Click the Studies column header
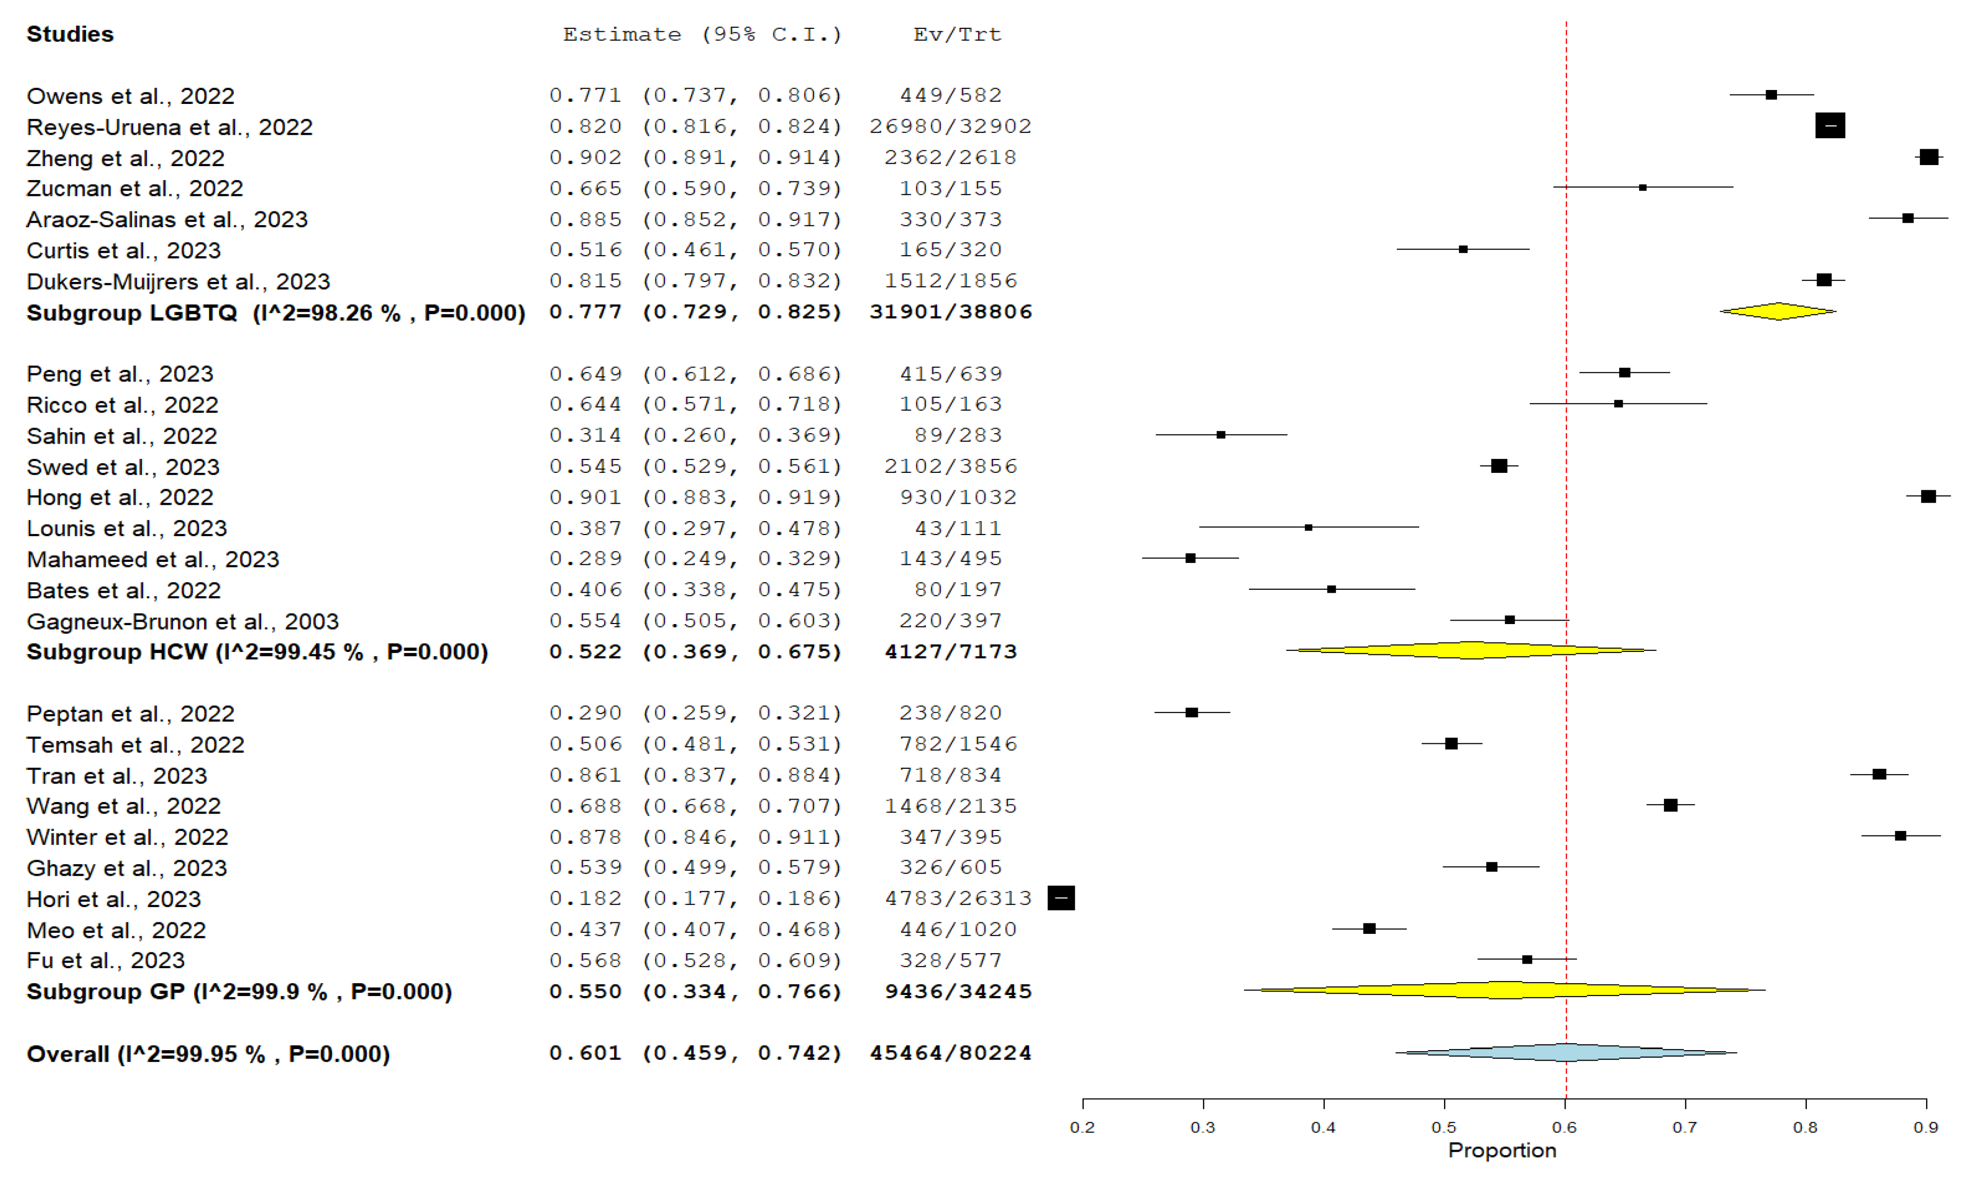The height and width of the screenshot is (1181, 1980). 70,34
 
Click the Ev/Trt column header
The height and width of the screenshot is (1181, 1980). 957,34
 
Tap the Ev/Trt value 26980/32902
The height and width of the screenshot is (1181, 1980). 950,126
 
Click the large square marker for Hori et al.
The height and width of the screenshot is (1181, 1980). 1060,898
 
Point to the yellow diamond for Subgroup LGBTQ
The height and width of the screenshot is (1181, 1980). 1778,311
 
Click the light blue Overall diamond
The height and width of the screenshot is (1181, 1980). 1565,1052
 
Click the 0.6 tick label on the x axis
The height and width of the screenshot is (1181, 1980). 1564,1127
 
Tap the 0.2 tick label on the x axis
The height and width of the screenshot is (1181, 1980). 1082,1127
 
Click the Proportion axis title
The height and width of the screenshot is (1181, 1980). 1501,1150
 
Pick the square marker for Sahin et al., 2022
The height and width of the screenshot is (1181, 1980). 1221,435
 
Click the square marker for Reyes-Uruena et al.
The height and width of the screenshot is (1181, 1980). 1830,126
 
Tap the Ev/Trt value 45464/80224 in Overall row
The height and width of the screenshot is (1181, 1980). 950,1053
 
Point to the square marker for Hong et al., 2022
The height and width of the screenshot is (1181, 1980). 1927,497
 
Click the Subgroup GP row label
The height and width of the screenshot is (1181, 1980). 239,992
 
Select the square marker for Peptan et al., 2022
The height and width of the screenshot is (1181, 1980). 1191,712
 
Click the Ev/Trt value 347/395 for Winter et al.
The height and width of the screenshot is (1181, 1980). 950,836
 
